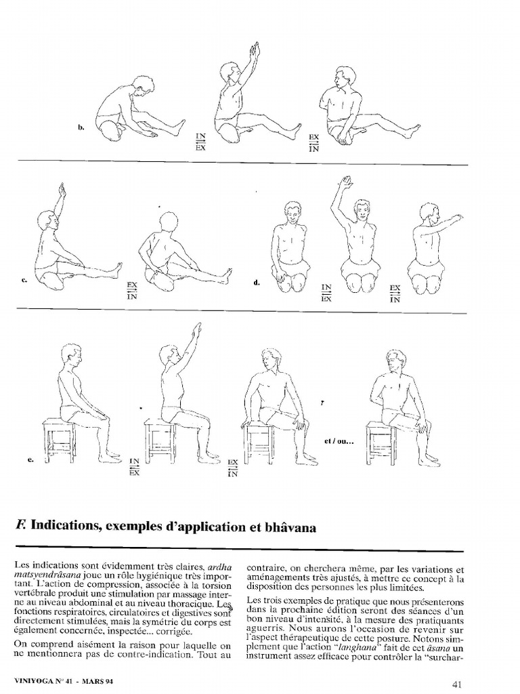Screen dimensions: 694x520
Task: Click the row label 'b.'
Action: click(x=80, y=127)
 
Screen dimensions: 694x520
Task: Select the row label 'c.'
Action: click(x=26, y=281)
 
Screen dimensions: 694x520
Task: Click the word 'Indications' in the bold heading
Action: click(x=72, y=526)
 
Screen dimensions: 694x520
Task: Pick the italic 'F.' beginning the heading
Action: click(x=20, y=526)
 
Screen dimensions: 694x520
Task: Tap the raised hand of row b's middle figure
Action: click(x=255, y=49)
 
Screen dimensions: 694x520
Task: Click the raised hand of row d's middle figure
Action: click(x=346, y=182)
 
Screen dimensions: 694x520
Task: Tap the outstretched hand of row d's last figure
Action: click(x=457, y=218)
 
